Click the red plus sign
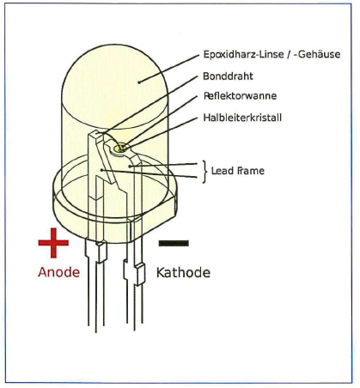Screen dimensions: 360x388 [x=53, y=243]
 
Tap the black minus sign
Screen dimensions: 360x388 [x=174, y=243]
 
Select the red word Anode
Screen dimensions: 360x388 [x=58, y=272]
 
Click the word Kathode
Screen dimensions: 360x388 [x=183, y=273]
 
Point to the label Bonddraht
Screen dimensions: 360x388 [x=228, y=76]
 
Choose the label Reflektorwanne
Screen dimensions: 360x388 [x=240, y=95]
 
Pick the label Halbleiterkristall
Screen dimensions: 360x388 [x=242, y=118]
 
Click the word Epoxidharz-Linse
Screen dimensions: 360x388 [x=243, y=54]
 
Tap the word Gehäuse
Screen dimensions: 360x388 [x=320, y=54]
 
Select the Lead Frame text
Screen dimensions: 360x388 [x=238, y=171]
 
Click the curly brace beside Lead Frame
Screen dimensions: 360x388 [x=204, y=172]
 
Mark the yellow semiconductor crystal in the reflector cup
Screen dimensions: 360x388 [x=120, y=149]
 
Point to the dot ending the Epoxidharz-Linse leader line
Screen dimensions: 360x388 [x=139, y=82]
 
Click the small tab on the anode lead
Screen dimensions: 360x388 [x=101, y=252]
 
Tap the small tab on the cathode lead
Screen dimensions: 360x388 [x=140, y=275]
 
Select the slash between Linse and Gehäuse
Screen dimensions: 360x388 [x=289, y=54]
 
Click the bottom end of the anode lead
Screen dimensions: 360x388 [x=95, y=332]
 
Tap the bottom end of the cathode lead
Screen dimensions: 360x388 [x=135, y=329]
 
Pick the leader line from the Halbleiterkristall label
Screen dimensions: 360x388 [x=161, y=132]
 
